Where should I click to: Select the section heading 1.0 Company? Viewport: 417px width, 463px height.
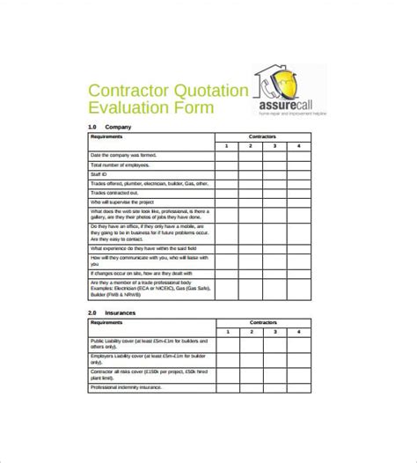point(111,127)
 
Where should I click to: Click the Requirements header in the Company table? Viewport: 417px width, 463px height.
point(111,136)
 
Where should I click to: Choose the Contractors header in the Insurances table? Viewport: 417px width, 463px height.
point(262,322)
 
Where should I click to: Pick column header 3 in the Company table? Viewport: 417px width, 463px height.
point(274,145)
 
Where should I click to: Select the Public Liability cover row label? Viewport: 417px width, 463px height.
point(145,344)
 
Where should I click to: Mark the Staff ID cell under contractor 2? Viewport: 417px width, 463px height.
point(250,174)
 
